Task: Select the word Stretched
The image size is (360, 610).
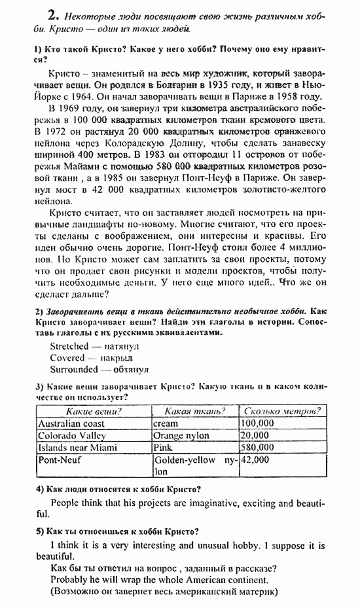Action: (69, 346)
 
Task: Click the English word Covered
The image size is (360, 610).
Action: (67, 358)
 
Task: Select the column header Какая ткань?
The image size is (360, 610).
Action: (195, 411)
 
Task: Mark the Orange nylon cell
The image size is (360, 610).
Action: (181, 435)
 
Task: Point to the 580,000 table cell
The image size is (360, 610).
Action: (257, 448)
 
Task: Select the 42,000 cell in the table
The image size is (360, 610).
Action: (255, 460)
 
